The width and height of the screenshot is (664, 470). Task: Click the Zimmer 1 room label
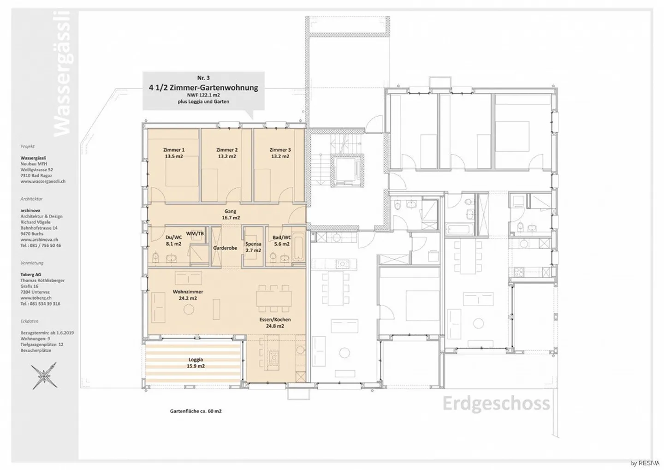tap(173, 153)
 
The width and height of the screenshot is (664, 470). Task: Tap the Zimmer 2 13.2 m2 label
tap(227, 153)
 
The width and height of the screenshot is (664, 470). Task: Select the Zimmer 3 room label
tap(280, 153)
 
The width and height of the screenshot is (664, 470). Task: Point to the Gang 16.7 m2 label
tap(230, 214)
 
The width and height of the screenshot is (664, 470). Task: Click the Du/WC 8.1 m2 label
tap(173, 241)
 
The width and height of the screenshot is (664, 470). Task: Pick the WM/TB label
tap(195, 234)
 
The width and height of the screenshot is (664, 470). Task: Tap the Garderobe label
tap(225, 248)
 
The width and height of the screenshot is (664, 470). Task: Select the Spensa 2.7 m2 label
tap(253, 247)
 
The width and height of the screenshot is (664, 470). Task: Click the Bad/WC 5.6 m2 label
tap(282, 241)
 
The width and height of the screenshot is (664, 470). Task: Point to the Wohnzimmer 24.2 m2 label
tap(188, 295)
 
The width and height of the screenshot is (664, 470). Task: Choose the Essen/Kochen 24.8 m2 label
tap(275, 322)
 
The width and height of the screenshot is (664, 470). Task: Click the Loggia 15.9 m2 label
tap(196, 363)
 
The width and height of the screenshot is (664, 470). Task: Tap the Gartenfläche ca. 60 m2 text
tap(196, 411)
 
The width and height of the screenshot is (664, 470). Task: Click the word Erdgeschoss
tap(496, 404)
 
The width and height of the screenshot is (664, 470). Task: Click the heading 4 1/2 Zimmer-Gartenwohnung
tap(203, 88)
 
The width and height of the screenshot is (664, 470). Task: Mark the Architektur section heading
tap(31, 199)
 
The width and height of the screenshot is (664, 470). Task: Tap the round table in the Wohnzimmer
tap(189, 309)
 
